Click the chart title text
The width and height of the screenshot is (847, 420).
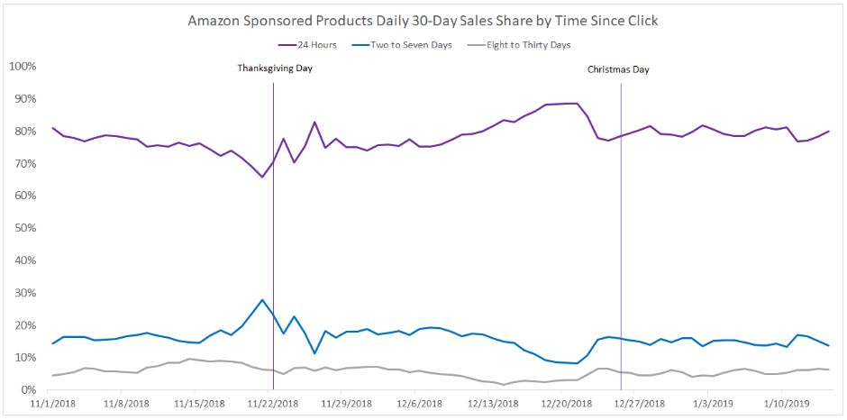(x=423, y=20)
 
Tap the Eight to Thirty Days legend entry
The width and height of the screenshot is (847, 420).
(x=530, y=43)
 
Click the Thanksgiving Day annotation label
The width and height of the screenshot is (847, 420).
(x=275, y=68)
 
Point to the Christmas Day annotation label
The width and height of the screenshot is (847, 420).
(x=618, y=69)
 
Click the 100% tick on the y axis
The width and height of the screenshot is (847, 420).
(x=22, y=67)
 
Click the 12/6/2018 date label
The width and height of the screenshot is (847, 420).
(x=417, y=405)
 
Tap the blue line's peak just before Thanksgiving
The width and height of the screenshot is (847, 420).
(x=262, y=299)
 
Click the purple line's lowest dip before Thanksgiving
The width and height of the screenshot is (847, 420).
(x=262, y=177)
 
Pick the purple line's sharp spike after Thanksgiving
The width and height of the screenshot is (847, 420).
(x=314, y=122)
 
